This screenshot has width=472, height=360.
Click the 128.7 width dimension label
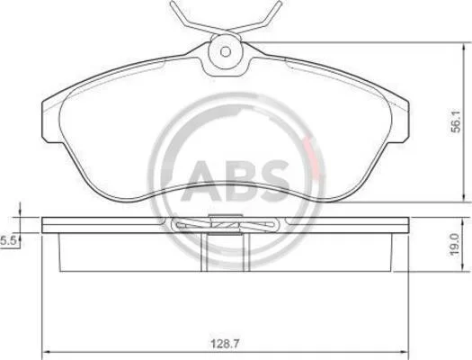(x=225, y=344)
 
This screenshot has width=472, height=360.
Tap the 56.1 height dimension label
(x=456, y=121)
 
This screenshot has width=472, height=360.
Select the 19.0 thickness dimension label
(x=454, y=244)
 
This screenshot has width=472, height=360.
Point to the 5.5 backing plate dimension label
(x=8, y=241)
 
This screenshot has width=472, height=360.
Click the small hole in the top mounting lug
(x=226, y=52)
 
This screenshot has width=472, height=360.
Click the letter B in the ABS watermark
(x=238, y=181)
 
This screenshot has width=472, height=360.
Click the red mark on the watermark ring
(x=312, y=157)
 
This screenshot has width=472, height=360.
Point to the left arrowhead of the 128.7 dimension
(x=45, y=352)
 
